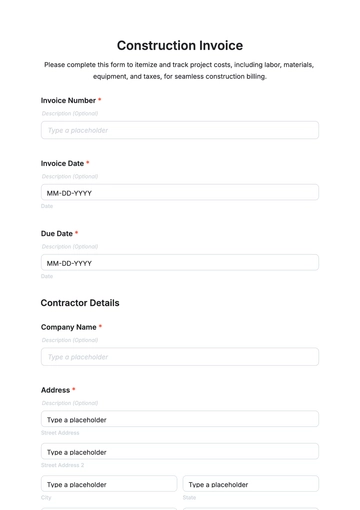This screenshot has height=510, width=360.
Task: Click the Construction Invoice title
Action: [x=180, y=45]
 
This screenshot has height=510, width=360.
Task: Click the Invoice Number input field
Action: [x=180, y=130]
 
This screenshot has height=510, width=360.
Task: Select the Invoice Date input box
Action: [x=180, y=193]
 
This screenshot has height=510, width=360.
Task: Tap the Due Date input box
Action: [x=180, y=263]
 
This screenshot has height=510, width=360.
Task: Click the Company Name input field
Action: [x=180, y=357]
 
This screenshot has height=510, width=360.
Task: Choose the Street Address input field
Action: [x=180, y=420]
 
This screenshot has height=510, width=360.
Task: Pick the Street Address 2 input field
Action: [x=180, y=452]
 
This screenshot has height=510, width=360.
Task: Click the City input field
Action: [x=109, y=484]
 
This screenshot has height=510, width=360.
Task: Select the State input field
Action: [x=250, y=484]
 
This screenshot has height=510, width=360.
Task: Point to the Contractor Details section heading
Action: [x=80, y=303]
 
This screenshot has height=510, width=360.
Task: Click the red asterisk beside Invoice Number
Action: [x=100, y=101]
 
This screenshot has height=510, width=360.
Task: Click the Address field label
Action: [x=55, y=390]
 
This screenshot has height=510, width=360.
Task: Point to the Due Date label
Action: [x=56, y=234]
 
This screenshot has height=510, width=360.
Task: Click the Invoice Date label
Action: [x=62, y=163]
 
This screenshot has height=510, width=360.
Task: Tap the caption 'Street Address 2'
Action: [x=62, y=465]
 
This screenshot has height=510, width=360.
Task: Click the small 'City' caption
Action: [x=46, y=497]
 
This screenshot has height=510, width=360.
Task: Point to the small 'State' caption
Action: [x=189, y=497]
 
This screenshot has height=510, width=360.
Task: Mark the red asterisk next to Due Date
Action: [x=77, y=234]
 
